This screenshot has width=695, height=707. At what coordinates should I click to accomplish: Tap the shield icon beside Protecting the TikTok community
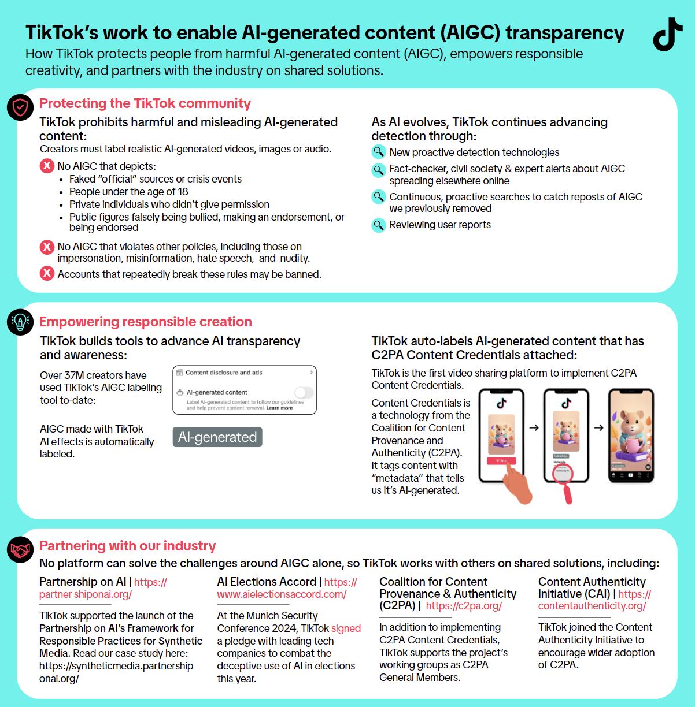click(20, 107)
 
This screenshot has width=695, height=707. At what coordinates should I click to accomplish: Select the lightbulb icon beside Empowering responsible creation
click(20, 322)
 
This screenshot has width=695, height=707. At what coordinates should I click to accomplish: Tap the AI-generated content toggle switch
click(304, 393)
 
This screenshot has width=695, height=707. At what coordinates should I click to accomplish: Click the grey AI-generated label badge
click(217, 437)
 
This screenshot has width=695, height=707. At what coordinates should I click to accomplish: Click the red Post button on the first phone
click(501, 461)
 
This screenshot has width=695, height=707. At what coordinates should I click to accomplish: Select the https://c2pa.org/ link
click(464, 606)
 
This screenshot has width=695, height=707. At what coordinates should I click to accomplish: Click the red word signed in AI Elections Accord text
click(346, 628)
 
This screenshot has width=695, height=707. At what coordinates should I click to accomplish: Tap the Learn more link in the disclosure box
click(279, 408)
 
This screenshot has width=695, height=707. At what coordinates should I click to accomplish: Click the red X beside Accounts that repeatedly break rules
click(47, 273)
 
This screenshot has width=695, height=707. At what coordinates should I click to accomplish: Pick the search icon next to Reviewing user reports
click(378, 225)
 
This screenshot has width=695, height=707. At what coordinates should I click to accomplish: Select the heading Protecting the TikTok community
click(145, 104)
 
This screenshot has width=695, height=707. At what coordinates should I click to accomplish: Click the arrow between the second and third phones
click(598, 428)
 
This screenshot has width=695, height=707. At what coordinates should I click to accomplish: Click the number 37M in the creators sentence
click(75, 375)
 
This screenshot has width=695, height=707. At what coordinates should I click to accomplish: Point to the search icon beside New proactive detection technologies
click(378, 152)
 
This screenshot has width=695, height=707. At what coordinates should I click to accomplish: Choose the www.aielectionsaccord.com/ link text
click(282, 594)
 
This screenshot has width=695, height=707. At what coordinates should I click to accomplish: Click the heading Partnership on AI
click(82, 582)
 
